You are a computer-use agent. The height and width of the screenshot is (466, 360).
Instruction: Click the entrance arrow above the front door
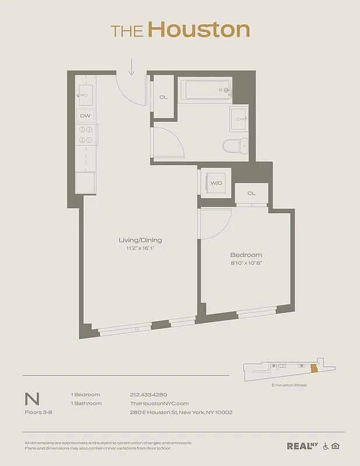tap(132, 66)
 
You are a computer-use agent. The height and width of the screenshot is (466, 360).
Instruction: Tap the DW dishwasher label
tap(85, 116)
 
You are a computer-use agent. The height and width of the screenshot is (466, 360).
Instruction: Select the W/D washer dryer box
tap(216, 183)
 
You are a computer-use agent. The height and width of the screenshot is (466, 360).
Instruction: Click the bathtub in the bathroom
tap(206, 90)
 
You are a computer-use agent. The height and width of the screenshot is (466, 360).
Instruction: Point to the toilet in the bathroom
tap(235, 146)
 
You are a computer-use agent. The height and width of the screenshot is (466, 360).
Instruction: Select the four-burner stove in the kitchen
tap(85, 135)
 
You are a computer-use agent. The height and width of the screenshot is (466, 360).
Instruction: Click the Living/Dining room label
tap(140, 240)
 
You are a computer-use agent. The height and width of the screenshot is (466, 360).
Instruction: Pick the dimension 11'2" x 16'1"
tap(140, 248)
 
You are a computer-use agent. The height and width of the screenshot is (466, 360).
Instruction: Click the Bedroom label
tap(246, 255)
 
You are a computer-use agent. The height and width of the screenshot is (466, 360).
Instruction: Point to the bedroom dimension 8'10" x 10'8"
tap(246, 263)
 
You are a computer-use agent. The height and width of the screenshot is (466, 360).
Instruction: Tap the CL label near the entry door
tap(163, 97)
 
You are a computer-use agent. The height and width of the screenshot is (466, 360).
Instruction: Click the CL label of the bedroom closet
tap(251, 193)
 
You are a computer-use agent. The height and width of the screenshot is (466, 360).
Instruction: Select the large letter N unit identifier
tap(32, 399)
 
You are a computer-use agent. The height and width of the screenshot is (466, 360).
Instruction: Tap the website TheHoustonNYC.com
tap(159, 403)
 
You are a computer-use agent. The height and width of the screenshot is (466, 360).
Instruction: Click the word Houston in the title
tap(199, 29)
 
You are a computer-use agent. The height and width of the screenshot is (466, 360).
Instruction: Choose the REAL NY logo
tap(302, 446)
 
